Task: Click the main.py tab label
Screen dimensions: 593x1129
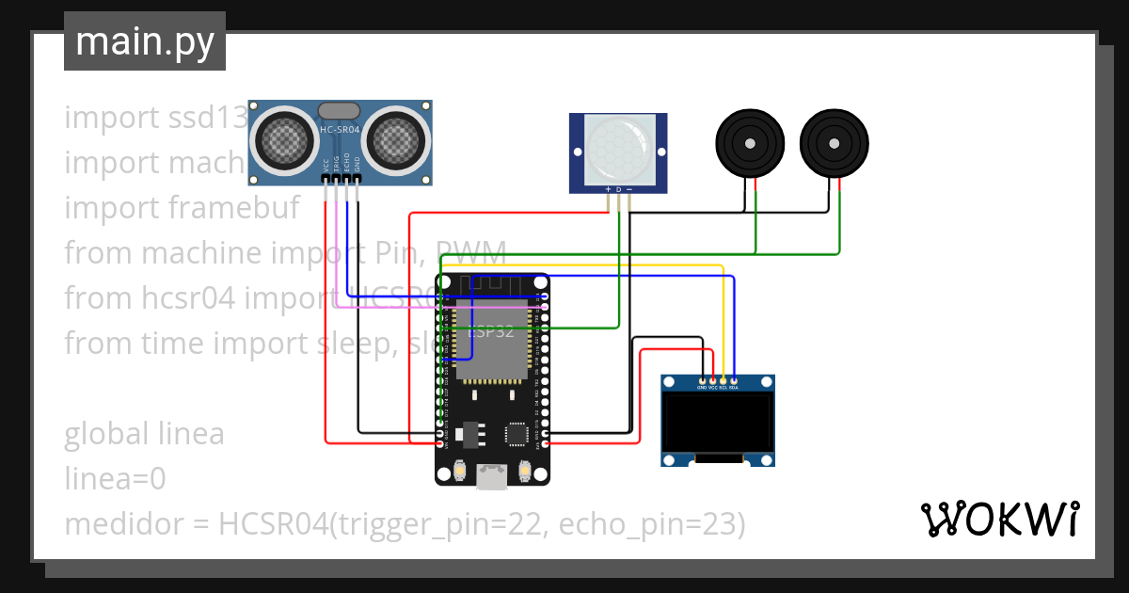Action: click(x=144, y=41)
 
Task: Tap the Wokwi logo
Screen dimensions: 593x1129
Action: click(x=998, y=519)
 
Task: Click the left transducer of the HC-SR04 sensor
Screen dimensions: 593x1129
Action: click(x=283, y=139)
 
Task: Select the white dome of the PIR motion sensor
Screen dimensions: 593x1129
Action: click(x=618, y=148)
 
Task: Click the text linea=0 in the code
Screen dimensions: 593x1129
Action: click(x=115, y=479)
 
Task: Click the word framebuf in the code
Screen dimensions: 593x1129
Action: click(x=233, y=207)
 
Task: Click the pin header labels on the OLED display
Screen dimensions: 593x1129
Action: click(x=717, y=387)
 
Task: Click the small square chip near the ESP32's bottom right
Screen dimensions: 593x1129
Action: click(x=517, y=434)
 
